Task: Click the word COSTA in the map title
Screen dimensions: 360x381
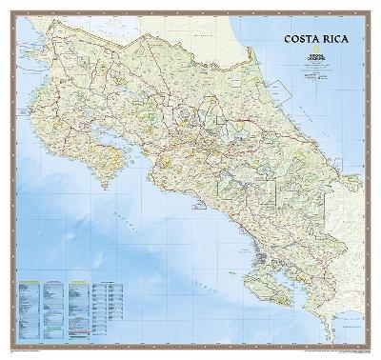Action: pos(297,40)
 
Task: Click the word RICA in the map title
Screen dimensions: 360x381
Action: pos(333,40)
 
